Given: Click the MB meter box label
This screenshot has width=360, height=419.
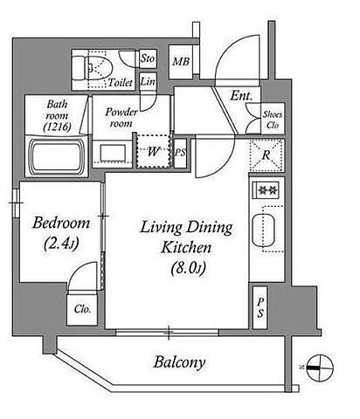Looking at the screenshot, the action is [x=181, y=62].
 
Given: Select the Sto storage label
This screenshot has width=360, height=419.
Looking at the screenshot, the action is [x=148, y=58].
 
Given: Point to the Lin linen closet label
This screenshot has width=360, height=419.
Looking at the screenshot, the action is [x=148, y=81].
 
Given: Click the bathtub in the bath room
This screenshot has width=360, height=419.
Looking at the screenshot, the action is [x=57, y=157].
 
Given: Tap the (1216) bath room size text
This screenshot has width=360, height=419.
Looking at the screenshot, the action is [x=57, y=127].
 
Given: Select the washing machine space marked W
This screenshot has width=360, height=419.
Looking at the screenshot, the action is [x=153, y=151].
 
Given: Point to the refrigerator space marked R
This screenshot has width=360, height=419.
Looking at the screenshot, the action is [x=267, y=155].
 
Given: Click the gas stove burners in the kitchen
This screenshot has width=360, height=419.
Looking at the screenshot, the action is [x=266, y=190].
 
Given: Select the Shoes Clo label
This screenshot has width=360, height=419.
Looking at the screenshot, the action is [x=273, y=120].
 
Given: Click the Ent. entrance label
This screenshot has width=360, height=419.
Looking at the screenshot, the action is [x=241, y=96].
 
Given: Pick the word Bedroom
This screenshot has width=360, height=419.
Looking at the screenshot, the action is [x=61, y=223].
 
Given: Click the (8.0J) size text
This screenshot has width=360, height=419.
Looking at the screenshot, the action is [x=188, y=268].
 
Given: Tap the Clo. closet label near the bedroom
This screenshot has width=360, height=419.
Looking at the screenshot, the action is [x=82, y=309].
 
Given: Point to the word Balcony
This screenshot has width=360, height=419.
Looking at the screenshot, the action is [x=179, y=362].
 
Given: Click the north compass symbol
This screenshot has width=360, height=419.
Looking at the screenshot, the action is [x=320, y=367].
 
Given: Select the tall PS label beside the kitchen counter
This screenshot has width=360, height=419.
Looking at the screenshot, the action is [x=260, y=308].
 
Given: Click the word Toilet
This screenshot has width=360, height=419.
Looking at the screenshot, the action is [x=121, y=83].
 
